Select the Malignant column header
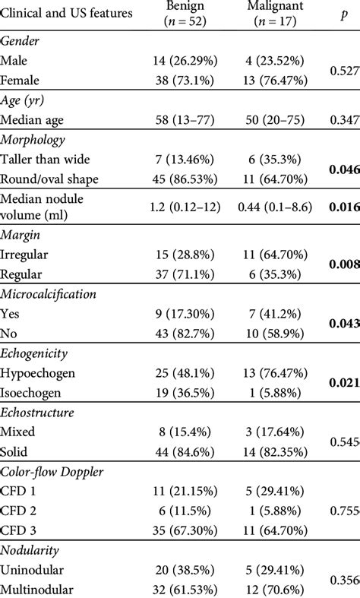(275, 15)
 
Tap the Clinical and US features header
(68, 14)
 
